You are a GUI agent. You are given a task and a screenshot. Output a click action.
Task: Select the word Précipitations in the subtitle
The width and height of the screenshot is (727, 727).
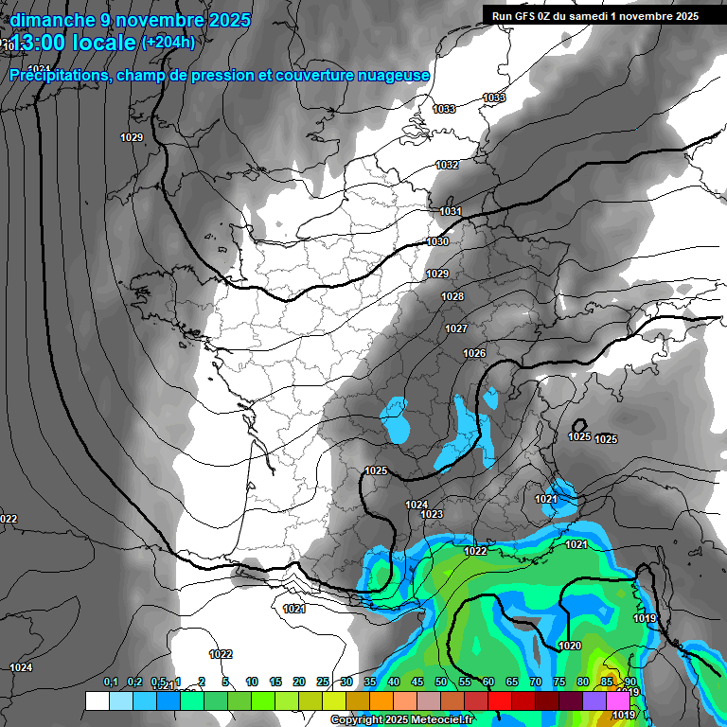pos(58,76)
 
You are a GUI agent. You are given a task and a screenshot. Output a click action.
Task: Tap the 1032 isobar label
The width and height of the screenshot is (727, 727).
pos(448,166)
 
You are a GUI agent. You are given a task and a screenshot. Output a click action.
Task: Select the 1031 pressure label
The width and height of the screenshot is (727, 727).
pos(451,211)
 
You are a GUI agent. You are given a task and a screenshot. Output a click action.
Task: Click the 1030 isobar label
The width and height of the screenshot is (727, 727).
pos(438,242)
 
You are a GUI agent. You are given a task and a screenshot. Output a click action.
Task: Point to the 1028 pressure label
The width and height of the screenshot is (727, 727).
pos(452,297)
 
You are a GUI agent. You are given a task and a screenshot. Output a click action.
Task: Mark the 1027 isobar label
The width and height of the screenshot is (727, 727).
pos(456,329)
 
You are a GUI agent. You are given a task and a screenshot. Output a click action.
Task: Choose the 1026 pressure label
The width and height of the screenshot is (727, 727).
pos(474,354)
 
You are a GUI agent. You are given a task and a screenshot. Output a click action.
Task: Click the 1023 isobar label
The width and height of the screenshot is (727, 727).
pos(432,514)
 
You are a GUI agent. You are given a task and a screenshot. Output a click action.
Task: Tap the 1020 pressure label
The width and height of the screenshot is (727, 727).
pos(570,647)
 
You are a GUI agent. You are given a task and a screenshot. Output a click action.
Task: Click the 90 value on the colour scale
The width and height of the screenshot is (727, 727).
pos(629,683)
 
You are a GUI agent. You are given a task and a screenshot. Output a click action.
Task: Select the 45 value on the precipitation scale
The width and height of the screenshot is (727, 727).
pos(417,683)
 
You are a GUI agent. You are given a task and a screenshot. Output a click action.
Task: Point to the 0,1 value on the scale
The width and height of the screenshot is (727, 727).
pos(111,683)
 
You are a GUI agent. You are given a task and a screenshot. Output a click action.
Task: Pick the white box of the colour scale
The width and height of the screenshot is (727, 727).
pos(97,700)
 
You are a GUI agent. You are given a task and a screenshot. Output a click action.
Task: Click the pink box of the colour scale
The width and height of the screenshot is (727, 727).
pos(618,700)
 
